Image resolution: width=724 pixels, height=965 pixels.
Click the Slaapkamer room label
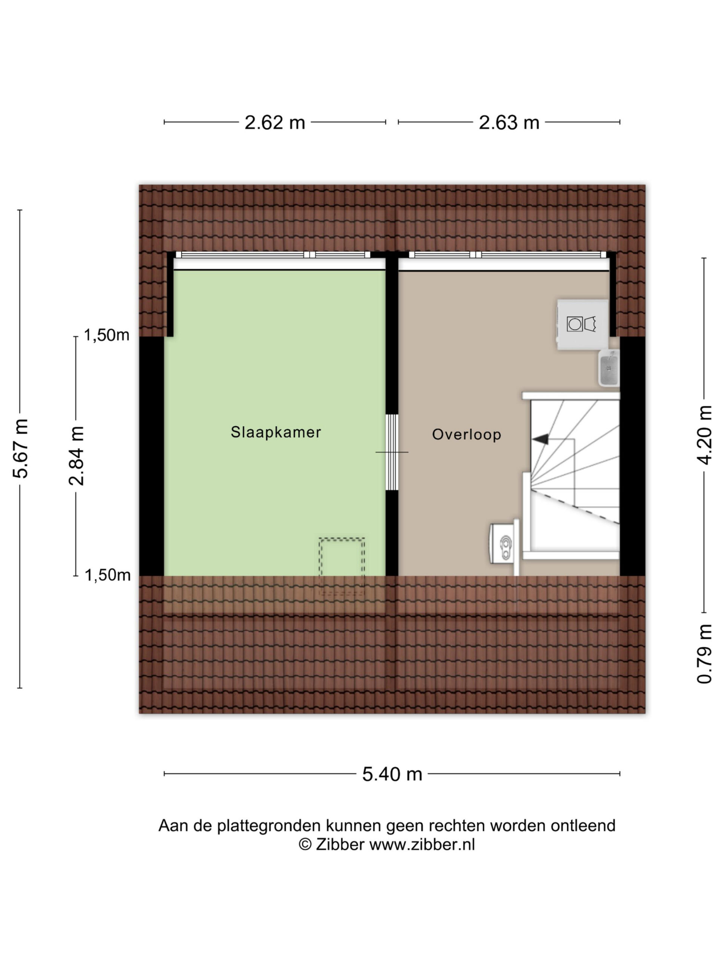point(276,432)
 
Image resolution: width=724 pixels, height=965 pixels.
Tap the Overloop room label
point(466,435)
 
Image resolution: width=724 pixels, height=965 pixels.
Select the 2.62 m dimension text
point(275,123)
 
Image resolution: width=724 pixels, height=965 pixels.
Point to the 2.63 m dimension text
point(509,123)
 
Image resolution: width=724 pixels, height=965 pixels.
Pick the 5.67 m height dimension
point(20,448)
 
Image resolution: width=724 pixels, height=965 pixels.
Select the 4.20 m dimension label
point(704,435)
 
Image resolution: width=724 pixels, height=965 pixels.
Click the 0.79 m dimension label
point(704,654)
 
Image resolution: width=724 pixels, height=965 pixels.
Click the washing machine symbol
point(583,324)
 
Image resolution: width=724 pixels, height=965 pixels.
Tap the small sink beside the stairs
point(608,367)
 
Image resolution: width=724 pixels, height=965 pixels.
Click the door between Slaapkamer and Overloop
point(392,452)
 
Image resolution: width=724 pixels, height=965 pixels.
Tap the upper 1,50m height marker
point(106,335)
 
